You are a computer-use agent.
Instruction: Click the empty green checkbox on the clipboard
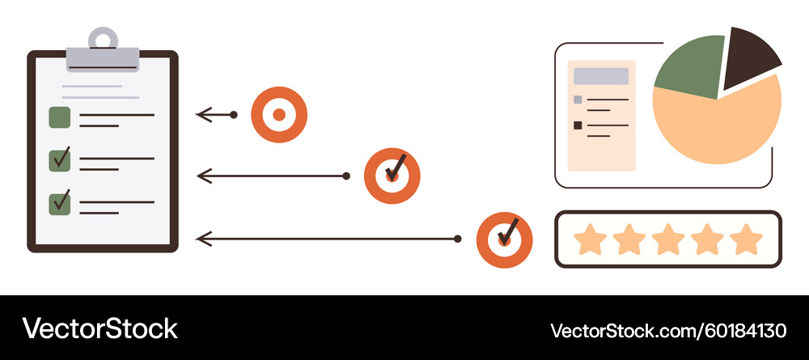(x=59, y=117)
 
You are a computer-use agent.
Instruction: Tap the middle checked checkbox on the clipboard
(x=59, y=161)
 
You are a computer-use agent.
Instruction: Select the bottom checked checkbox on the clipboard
(x=59, y=204)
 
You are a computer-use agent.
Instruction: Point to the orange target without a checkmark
(x=279, y=115)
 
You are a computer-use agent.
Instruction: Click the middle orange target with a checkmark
(x=392, y=176)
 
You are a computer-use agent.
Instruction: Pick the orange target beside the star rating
(x=504, y=239)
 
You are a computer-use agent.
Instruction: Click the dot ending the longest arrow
(x=458, y=239)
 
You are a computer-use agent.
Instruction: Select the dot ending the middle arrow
(x=346, y=176)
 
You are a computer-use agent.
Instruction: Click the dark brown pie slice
(x=748, y=57)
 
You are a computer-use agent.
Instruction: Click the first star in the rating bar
(x=590, y=239)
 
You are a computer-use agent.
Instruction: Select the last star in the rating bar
(x=746, y=239)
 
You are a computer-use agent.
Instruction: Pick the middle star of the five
(x=668, y=239)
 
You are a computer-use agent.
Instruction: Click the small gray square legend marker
(x=578, y=100)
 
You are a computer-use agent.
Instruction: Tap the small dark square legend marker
(x=578, y=125)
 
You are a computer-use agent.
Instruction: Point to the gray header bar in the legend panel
(x=601, y=76)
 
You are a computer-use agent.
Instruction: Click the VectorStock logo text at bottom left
(x=100, y=328)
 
